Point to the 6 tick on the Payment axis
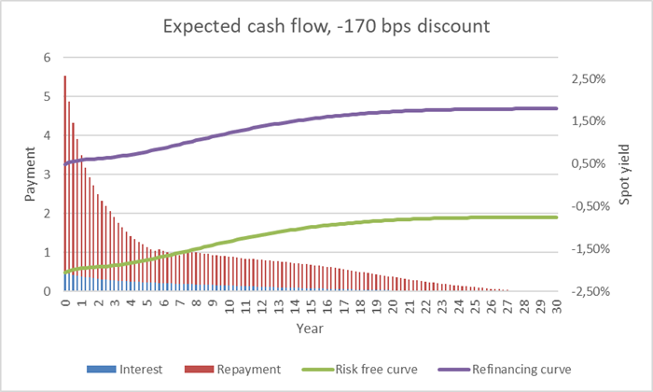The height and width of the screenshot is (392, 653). pyautogui.click(x=49, y=58)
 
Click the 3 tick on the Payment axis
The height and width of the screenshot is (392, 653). pyautogui.click(x=49, y=175)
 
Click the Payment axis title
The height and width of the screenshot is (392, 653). pyautogui.click(x=30, y=175)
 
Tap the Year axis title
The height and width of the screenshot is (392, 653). pyautogui.click(x=312, y=328)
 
